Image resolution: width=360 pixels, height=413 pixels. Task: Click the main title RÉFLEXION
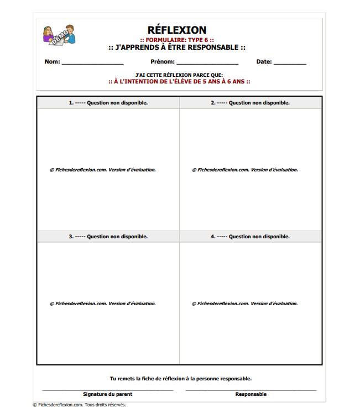(177, 30)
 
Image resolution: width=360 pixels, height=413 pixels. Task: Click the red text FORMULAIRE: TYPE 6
(177, 40)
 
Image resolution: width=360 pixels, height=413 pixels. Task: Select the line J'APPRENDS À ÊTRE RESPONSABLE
(177, 48)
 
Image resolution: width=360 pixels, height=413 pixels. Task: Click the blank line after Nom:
(92, 63)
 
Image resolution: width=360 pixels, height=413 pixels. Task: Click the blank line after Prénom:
(207, 63)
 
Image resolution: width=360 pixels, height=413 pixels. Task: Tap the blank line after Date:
(289, 63)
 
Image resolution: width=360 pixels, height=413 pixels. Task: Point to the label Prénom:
(162, 62)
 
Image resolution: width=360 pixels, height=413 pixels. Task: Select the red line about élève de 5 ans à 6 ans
(179, 81)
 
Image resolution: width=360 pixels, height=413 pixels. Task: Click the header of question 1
(108, 103)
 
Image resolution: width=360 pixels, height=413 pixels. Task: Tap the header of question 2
(250, 103)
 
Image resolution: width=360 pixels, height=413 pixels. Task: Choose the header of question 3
(108, 237)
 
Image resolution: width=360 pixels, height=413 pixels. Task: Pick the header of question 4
(250, 237)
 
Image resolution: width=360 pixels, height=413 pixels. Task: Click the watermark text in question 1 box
(103, 170)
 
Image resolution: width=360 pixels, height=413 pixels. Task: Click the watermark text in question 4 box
(245, 304)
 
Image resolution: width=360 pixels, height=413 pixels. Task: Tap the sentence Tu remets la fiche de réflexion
(180, 379)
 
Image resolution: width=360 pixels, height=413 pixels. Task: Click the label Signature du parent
(107, 394)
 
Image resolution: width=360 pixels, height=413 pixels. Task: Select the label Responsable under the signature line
(251, 394)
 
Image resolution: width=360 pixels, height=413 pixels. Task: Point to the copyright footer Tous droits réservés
(105, 405)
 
